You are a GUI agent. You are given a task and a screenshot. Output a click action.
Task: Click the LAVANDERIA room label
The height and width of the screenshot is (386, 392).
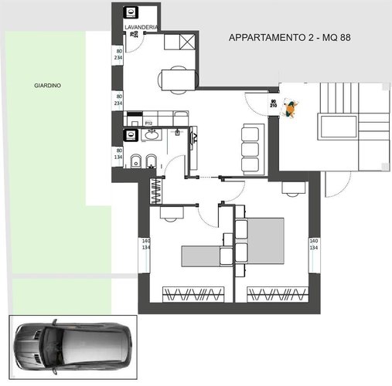tap(141, 27)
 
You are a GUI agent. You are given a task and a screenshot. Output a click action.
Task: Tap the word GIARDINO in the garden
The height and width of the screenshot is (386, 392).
tap(47, 86)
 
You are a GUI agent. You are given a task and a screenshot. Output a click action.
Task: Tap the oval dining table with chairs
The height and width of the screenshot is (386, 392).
tap(176, 78)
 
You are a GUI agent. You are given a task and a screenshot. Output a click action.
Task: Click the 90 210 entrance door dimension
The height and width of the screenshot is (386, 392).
tap(274, 103)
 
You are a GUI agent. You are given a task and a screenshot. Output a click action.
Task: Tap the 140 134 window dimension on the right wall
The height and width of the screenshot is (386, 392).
tap(313, 245)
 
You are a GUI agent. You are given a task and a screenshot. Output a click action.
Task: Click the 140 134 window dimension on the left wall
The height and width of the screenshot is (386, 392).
tap(145, 245)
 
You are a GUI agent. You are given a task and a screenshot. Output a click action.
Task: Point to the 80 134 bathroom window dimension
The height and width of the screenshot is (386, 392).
tap(119, 152)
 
